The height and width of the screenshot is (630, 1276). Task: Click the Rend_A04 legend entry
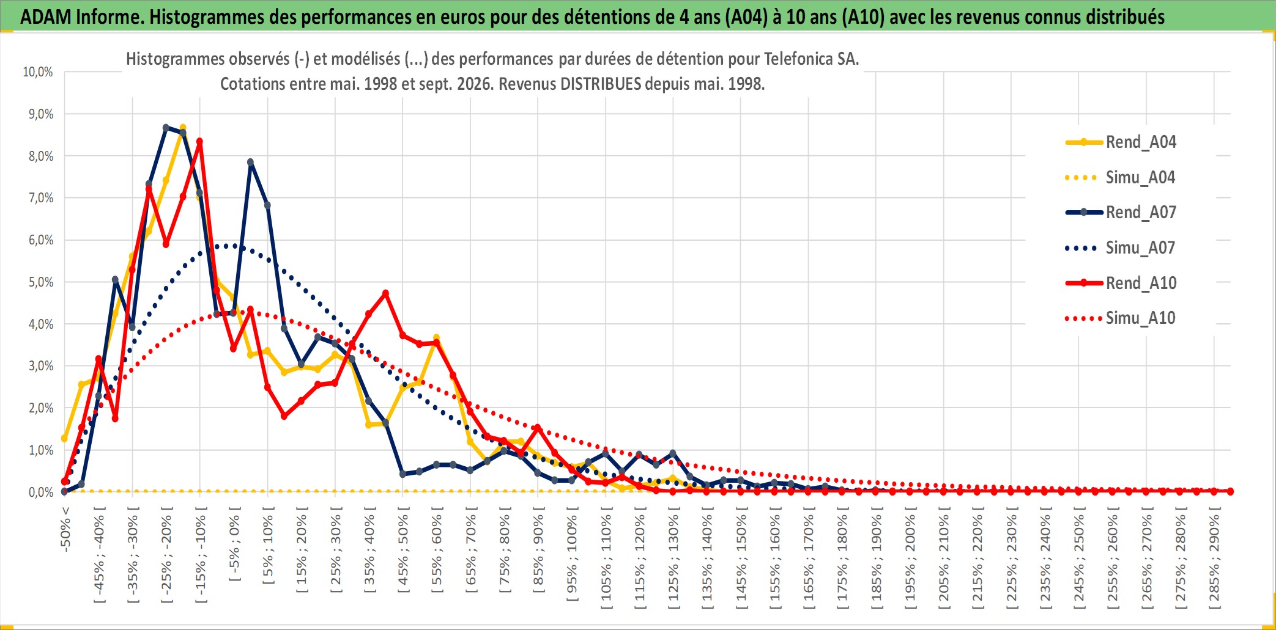click(x=1121, y=142)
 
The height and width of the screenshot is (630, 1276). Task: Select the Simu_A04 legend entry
click(x=1121, y=178)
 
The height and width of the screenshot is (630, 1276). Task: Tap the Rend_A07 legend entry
click(x=1121, y=213)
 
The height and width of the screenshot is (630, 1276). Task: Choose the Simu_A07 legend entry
click(x=1121, y=248)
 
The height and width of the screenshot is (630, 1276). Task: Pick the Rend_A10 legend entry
click(x=1121, y=283)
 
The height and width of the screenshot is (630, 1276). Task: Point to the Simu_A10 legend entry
click(x=1121, y=318)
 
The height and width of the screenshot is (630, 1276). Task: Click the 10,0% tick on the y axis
click(x=38, y=72)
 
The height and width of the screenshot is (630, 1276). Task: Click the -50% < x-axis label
click(x=65, y=529)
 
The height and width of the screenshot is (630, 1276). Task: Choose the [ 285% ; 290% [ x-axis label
click(x=1215, y=558)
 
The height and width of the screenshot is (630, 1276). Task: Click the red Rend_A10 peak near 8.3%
click(x=199, y=142)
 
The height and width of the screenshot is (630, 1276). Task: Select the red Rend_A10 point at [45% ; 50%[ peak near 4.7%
click(x=385, y=293)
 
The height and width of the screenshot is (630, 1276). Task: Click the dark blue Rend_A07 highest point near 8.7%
click(x=166, y=128)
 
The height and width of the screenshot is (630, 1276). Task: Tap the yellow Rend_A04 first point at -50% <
click(x=64, y=439)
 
